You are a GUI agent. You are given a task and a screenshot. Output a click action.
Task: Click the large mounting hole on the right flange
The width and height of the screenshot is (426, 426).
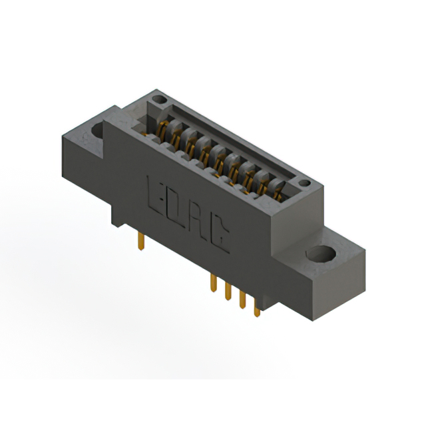click(321, 254)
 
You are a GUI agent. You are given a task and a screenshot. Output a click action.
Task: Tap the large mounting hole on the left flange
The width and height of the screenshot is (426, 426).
click(98, 130)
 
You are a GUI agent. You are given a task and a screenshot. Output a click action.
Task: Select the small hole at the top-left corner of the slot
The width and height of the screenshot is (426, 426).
click(159, 99)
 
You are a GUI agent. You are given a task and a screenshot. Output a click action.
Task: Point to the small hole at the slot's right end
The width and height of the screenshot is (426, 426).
click(305, 183)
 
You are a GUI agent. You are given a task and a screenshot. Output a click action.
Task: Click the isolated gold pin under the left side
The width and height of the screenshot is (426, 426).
click(141, 241)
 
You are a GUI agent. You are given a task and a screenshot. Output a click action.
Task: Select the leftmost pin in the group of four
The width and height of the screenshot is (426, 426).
click(214, 282)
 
